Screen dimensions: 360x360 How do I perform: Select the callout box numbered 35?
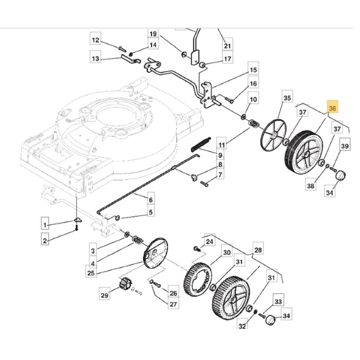287,98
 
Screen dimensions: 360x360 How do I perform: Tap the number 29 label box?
105,295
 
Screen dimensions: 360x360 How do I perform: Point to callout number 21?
227,46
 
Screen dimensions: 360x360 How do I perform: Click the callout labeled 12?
95,40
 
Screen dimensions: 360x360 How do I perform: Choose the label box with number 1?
46,224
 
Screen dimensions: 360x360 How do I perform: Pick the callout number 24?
209,242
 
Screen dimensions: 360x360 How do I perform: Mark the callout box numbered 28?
258,250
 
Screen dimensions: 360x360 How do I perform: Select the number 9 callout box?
220,155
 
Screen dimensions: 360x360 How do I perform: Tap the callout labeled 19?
153,34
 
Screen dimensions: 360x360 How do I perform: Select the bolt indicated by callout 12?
121,48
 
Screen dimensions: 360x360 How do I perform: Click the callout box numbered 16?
253,84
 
